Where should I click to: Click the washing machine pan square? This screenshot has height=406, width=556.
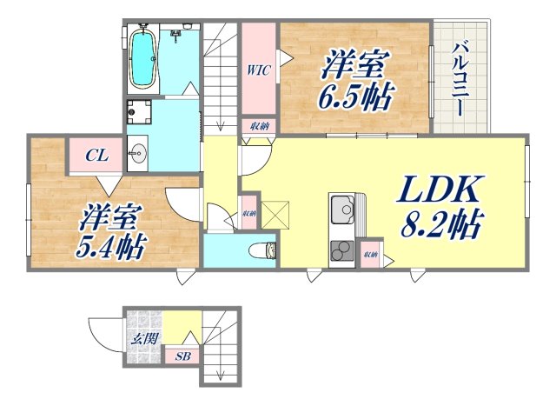(x=139, y=111)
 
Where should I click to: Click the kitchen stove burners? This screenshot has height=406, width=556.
(x=339, y=248)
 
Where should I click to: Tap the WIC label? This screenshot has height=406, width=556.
(x=259, y=69)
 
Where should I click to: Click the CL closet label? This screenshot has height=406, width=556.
(x=96, y=156)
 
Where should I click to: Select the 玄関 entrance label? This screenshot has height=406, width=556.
(x=144, y=338)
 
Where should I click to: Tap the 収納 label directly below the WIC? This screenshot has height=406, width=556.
(x=259, y=125)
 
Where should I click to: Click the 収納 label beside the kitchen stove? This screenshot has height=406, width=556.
(x=371, y=254)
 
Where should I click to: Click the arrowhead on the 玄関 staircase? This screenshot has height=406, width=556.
(x=221, y=375)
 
